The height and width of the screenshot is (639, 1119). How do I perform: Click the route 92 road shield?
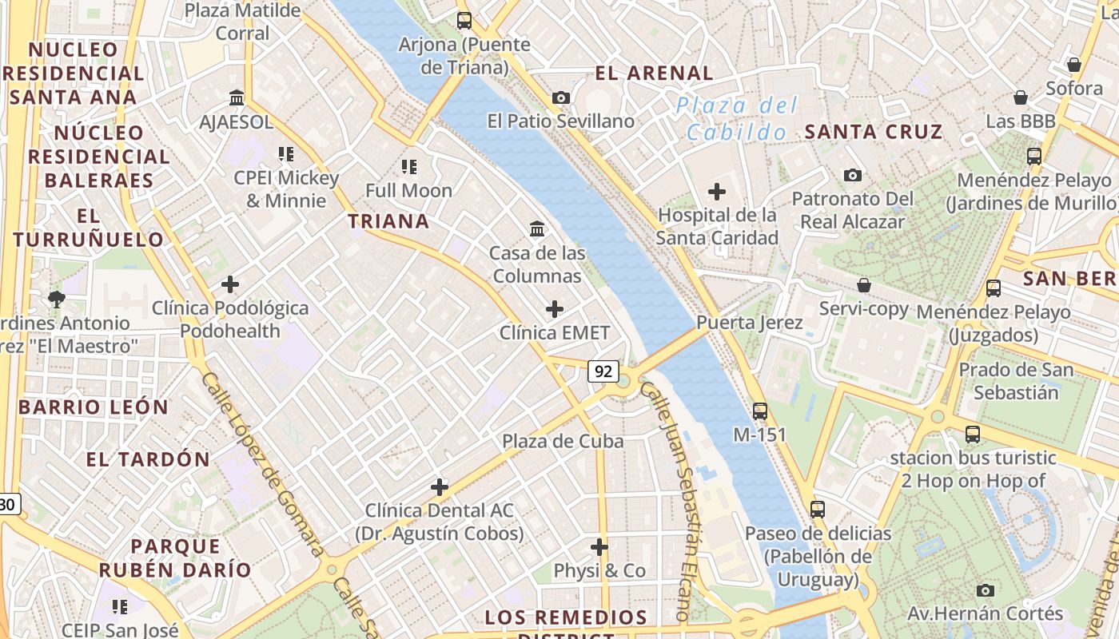[x=603, y=371]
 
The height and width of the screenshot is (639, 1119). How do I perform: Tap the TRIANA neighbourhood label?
[x=388, y=221]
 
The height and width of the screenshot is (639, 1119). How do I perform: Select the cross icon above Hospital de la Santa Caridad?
[x=717, y=192]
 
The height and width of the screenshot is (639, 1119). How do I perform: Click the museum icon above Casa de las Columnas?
[x=537, y=229]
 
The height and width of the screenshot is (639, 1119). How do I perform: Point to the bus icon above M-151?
[x=760, y=411]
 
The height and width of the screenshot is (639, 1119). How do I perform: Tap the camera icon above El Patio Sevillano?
[x=561, y=97]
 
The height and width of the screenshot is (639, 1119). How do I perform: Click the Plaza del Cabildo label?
[x=736, y=118]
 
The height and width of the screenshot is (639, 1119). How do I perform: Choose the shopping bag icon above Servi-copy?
[x=863, y=285]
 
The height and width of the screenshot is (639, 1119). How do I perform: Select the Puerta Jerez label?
[x=749, y=323]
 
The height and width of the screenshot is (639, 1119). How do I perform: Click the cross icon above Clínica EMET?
[x=554, y=309]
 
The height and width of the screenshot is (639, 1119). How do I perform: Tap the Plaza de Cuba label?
[x=563, y=441]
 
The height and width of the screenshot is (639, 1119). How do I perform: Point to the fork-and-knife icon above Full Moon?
[x=409, y=167]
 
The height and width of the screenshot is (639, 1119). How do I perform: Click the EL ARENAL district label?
[x=654, y=73]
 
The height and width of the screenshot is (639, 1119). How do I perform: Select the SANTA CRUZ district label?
[x=874, y=132]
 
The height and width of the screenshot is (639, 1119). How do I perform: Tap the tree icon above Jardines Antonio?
[x=56, y=300]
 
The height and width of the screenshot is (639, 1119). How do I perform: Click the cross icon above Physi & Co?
[x=599, y=547]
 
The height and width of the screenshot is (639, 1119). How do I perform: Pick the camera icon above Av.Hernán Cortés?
[x=986, y=590]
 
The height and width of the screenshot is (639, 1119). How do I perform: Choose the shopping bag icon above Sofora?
[x=1074, y=65]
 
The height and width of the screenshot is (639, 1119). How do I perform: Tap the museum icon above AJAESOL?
[x=237, y=98]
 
